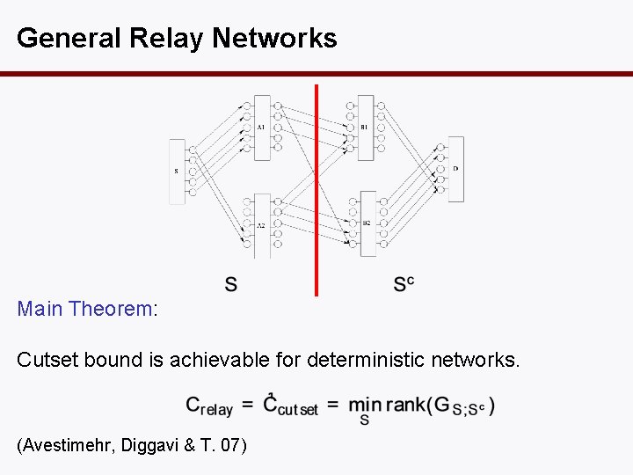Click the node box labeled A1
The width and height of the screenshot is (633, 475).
pyautogui.click(x=261, y=128)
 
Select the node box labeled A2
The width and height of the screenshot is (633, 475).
pyautogui.click(x=261, y=225)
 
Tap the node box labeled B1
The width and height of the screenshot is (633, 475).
pyautogui.click(x=365, y=128)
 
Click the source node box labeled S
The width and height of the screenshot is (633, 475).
pyautogui.click(x=177, y=172)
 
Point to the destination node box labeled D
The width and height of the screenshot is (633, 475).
pyautogui.click(x=455, y=169)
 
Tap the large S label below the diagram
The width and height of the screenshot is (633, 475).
pyautogui.click(x=230, y=284)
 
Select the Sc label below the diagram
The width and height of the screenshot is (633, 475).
pyautogui.click(x=404, y=283)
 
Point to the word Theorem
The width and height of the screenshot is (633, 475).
pyautogui.click(x=110, y=310)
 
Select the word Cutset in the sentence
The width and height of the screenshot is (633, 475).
pyautogui.click(x=48, y=359)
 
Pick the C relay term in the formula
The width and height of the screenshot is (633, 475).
pyautogui.click(x=209, y=406)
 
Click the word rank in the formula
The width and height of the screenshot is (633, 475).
pyautogui.click(x=406, y=405)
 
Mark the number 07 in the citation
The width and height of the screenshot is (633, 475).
pyautogui.click(x=229, y=446)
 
